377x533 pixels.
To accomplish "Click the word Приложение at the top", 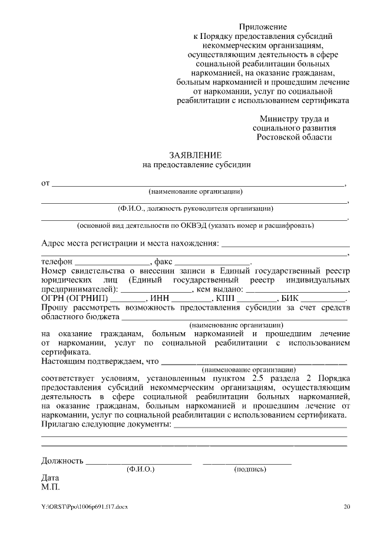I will point(263,27).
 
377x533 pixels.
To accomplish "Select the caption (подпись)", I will point(250,469).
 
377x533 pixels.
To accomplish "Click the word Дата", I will point(51,478).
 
